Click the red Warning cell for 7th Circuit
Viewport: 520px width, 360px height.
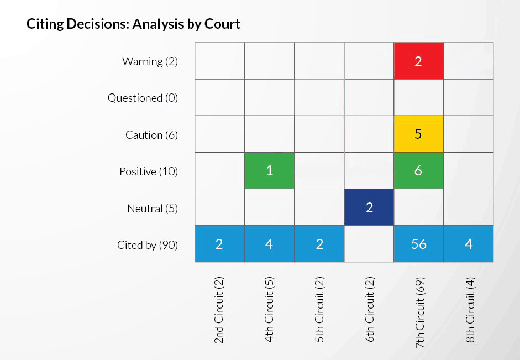click(418, 61)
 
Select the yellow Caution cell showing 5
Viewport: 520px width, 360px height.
click(418, 134)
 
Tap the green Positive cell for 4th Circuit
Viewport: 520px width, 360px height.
click(269, 171)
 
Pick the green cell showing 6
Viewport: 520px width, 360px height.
click(418, 171)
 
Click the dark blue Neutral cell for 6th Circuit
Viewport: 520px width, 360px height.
click(369, 207)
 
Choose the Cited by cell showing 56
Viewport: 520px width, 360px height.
click(418, 244)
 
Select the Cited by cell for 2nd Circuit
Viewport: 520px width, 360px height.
click(219, 244)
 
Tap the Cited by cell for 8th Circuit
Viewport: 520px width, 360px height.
click(468, 244)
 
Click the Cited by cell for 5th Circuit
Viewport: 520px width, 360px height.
click(319, 244)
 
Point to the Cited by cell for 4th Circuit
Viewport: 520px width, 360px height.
click(269, 244)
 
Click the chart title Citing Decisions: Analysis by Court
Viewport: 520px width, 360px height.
click(133, 24)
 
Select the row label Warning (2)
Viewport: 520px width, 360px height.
click(150, 61)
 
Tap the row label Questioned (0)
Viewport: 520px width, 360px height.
click(143, 98)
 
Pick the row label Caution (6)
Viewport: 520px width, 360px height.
click(151, 135)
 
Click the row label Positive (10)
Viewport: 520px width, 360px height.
click(149, 172)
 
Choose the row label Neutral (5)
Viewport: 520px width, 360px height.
click(153, 208)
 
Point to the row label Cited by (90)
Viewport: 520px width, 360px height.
click(148, 245)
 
